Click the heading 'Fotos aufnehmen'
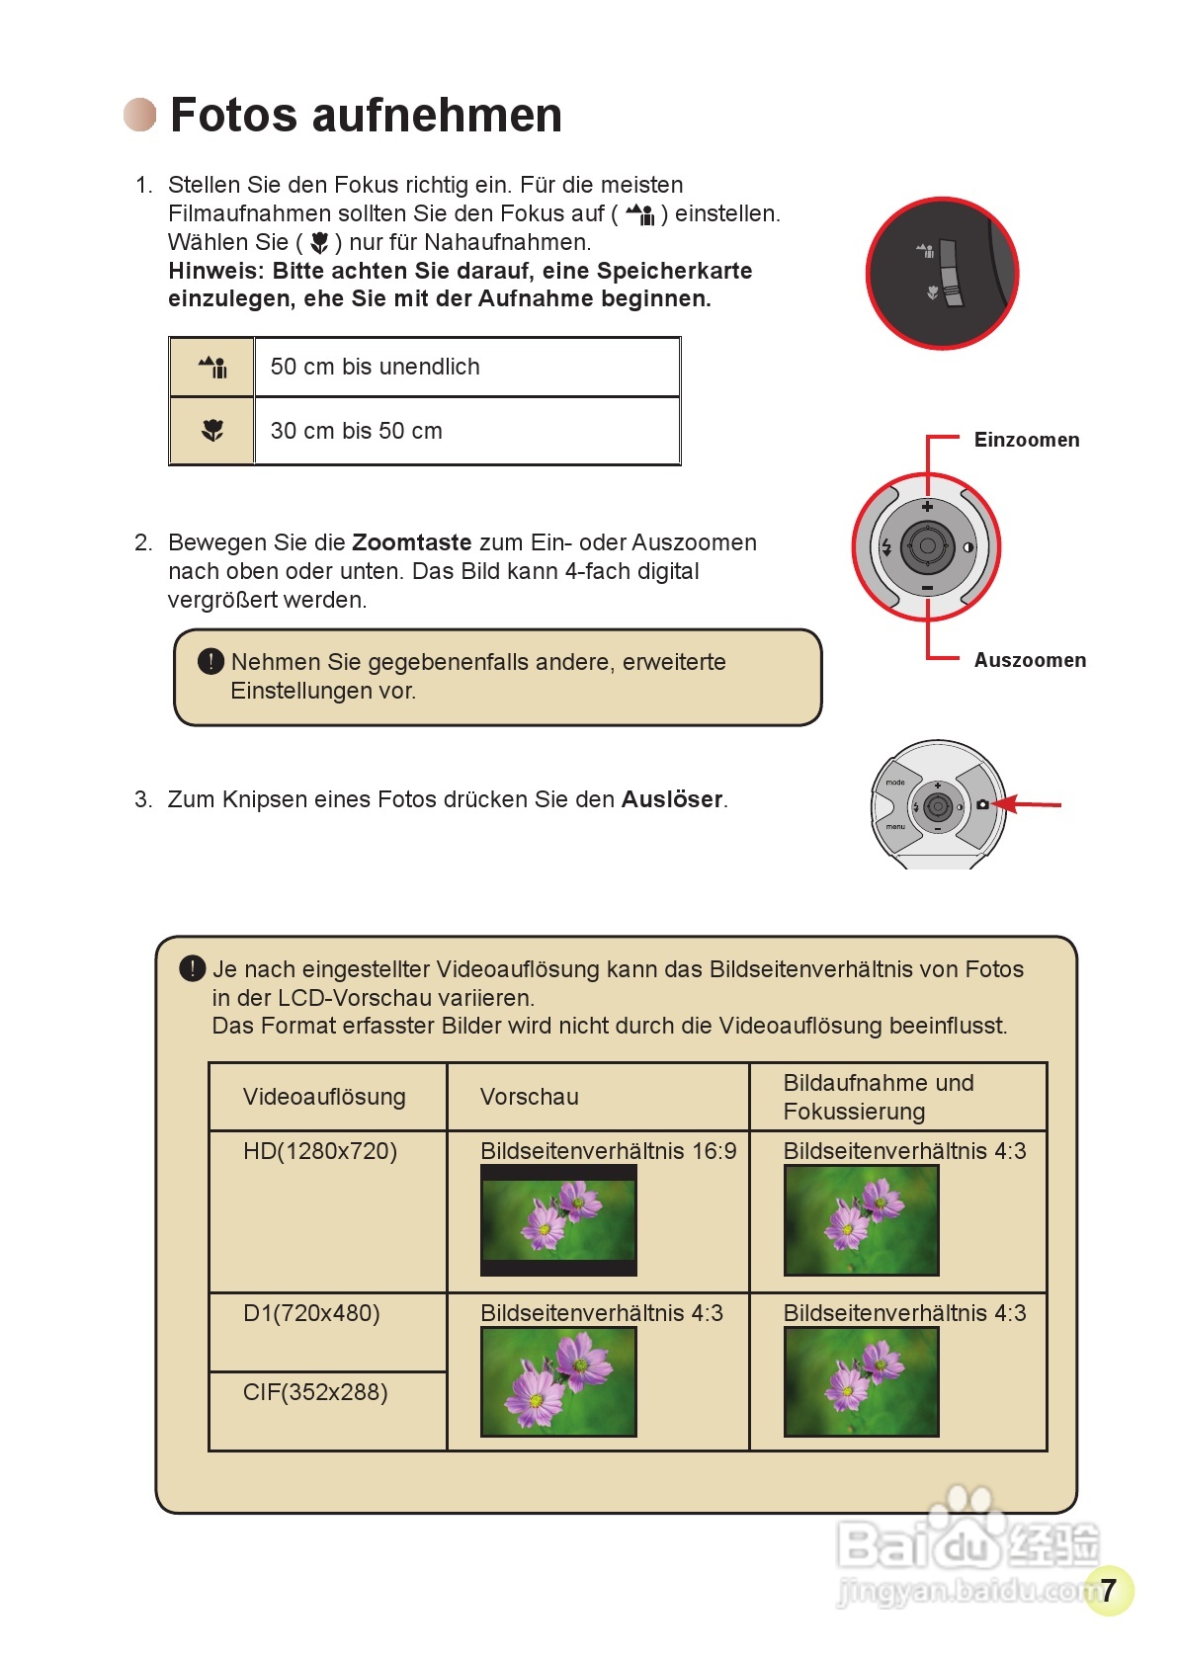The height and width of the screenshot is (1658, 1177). tap(366, 115)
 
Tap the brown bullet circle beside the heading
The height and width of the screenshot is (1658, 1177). tap(140, 115)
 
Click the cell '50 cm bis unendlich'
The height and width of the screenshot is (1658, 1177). tap(375, 367)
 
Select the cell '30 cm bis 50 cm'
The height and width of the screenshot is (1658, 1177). tap(356, 431)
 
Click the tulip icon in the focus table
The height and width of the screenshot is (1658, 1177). tap(212, 431)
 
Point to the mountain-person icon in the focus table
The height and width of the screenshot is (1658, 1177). tap(212, 368)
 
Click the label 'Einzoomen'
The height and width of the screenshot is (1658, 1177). tap(1026, 440)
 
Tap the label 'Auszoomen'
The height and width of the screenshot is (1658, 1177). tap(1029, 660)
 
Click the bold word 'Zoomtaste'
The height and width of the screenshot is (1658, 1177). tap(411, 542)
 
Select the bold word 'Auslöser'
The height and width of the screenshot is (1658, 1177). tap(672, 799)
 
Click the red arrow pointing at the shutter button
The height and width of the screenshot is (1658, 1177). tap(1028, 805)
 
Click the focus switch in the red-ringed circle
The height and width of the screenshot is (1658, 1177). tap(951, 273)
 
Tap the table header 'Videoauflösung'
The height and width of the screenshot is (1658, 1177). tap(324, 1097)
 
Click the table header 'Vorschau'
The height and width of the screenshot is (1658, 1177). tap(530, 1097)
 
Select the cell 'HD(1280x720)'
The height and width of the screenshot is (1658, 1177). tap(320, 1151)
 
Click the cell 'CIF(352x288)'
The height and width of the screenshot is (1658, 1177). tap(315, 1392)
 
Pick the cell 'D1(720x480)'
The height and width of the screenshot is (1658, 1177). tap(311, 1313)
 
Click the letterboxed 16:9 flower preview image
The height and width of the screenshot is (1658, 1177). tap(558, 1220)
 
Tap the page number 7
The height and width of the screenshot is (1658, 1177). tap(1108, 1590)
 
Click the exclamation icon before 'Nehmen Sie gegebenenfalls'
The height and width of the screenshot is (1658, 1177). tap(210, 661)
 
